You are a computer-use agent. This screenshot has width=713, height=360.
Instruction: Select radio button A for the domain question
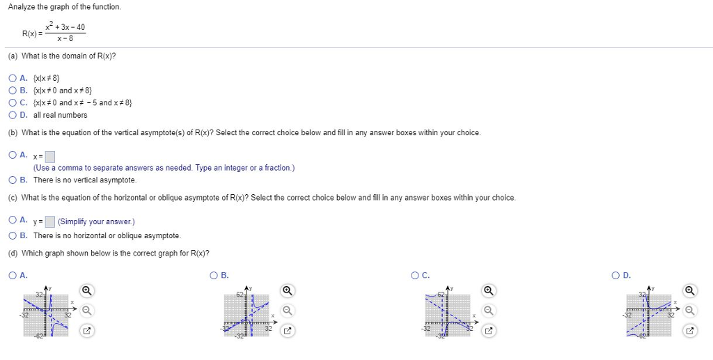pyautogui.click(x=13, y=78)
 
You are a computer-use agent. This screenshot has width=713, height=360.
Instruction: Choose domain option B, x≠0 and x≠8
pyautogui.click(x=13, y=91)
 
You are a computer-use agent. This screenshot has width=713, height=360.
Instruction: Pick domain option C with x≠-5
pyautogui.click(x=13, y=102)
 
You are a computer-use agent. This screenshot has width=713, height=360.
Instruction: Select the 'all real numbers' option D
pyautogui.click(x=13, y=115)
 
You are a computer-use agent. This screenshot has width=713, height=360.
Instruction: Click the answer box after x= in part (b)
pyautogui.click(x=49, y=156)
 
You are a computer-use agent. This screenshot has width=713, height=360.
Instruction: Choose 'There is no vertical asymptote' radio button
pyautogui.click(x=13, y=180)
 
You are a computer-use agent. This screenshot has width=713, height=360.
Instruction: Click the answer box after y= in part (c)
pyautogui.click(x=49, y=222)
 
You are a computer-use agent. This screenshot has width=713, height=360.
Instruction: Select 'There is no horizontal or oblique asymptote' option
pyautogui.click(x=13, y=235)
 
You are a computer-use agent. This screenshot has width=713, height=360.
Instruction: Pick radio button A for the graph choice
pyautogui.click(x=13, y=275)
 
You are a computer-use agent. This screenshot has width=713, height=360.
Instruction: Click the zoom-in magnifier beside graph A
pyautogui.click(x=86, y=290)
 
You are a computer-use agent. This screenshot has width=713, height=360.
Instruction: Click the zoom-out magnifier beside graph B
pyautogui.click(x=287, y=311)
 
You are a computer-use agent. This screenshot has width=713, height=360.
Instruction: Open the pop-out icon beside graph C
pyautogui.click(x=488, y=331)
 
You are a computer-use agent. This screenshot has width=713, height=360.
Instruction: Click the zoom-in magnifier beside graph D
pyautogui.click(x=689, y=290)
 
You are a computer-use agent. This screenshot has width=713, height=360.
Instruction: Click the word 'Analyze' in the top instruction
pyautogui.click(x=22, y=7)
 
